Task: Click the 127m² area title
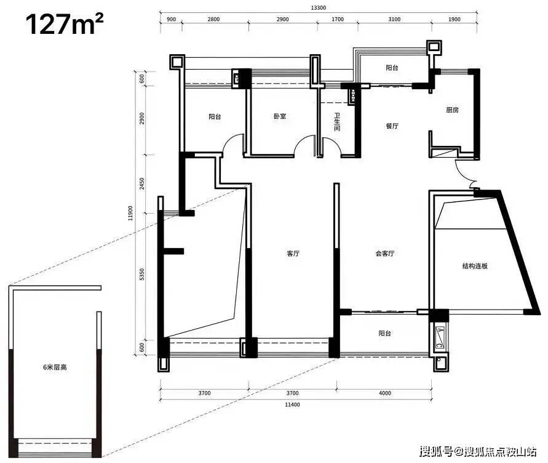[65, 24]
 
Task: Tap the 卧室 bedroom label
[280, 116]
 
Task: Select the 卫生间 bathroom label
[337, 122]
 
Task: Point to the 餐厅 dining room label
[392, 126]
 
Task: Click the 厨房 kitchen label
[452, 110]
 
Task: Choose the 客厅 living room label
[293, 254]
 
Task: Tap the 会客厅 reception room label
[385, 254]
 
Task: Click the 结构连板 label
[475, 266]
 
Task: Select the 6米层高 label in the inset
[55, 367]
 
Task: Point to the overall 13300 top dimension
[319, 8]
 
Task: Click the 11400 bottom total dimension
[292, 405]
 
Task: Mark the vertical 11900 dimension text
[130, 213]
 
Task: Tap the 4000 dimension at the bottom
[385, 393]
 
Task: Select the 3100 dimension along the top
[394, 19]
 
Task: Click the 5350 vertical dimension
[141, 275]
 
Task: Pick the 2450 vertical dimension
[141, 183]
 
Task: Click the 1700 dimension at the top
[338, 19]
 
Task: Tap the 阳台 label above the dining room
[392, 68]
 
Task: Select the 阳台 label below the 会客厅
[384, 333]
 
